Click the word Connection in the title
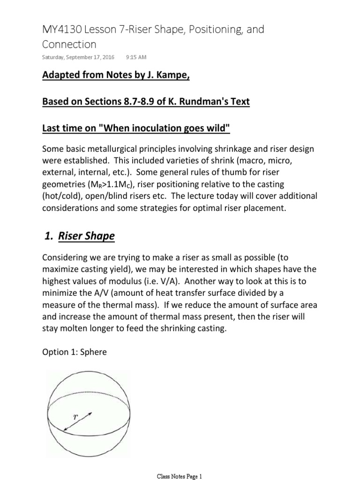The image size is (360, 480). click(69, 45)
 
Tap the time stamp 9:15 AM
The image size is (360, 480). click(136, 57)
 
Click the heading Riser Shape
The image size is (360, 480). click(86, 236)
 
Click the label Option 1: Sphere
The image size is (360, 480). click(75, 351)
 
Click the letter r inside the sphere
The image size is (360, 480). click(75, 416)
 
